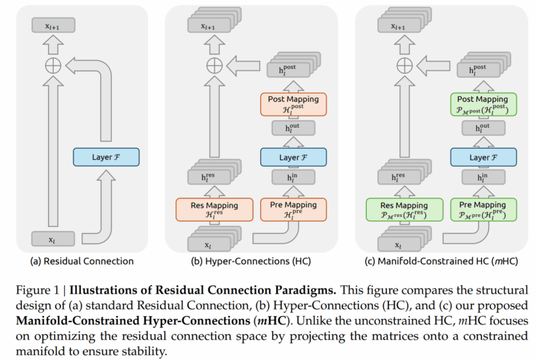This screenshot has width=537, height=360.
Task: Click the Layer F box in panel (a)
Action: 106,157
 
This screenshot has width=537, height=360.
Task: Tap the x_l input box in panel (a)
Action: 53,239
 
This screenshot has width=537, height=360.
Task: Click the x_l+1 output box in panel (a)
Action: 53,27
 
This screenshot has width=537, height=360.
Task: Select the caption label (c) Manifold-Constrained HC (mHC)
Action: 441,262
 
